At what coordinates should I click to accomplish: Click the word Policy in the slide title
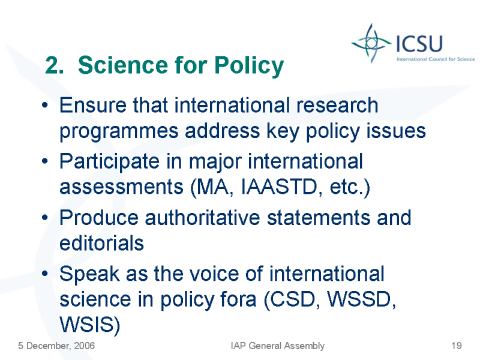click(x=249, y=65)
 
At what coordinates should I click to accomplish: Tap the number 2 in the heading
click(x=52, y=65)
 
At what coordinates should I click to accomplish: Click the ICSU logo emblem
click(x=371, y=43)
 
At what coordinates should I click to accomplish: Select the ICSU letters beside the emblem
click(x=419, y=43)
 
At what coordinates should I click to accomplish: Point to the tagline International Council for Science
click(x=436, y=59)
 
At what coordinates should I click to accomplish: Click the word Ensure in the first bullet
click(x=93, y=106)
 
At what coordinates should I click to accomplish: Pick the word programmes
click(x=119, y=131)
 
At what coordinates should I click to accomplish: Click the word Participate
click(x=109, y=161)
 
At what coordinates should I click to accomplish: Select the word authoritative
click(x=202, y=218)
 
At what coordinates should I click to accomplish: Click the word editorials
click(x=101, y=244)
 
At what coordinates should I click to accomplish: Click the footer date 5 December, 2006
click(x=56, y=346)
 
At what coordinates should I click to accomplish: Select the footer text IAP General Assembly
click(x=277, y=346)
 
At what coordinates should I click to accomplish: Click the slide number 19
click(x=457, y=346)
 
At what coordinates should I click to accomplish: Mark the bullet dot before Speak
click(x=45, y=274)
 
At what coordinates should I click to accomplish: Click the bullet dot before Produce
click(x=45, y=217)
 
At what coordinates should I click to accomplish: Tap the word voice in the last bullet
click(x=214, y=274)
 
